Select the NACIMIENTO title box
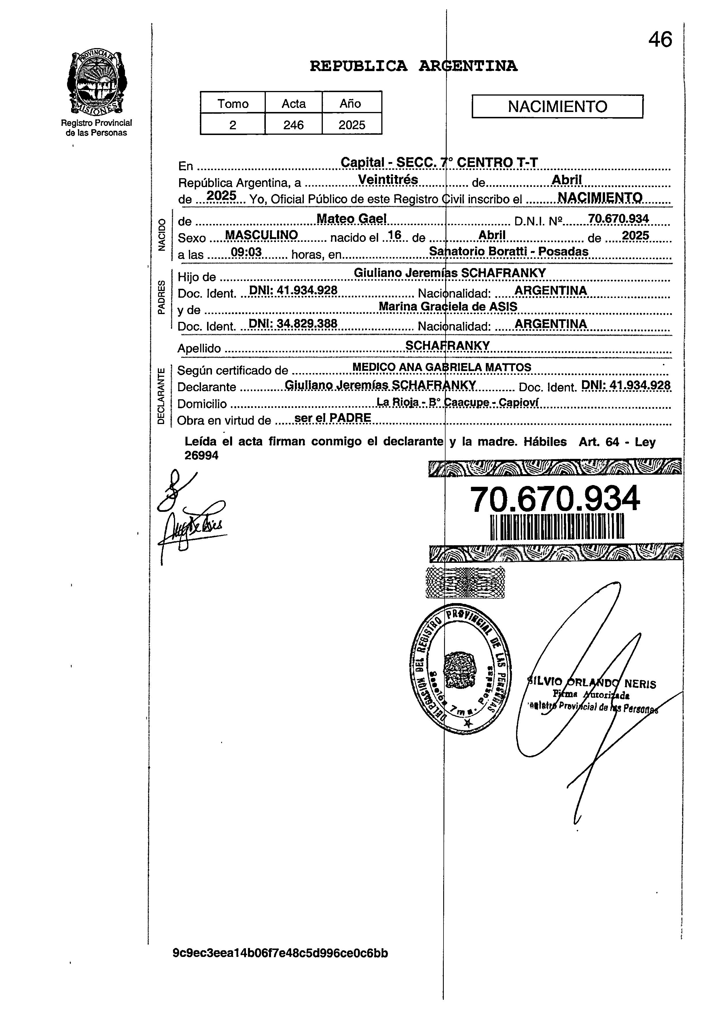pyautogui.click(x=557, y=106)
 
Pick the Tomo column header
pyautogui.click(x=233, y=104)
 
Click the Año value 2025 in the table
pyautogui.click(x=352, y=125)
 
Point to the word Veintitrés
pyautogui.click(x=388, y=179)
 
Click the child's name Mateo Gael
pyautogui.click(x=352, y=218)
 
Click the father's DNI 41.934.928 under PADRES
pyautogui.click(x=293, y=290)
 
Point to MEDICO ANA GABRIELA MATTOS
pyautogui.click(x=441, y=368)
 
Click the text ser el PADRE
pyautogui.click(x=333, y=418)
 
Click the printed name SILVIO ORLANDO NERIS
pyautogui.click(x=591, y=683)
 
